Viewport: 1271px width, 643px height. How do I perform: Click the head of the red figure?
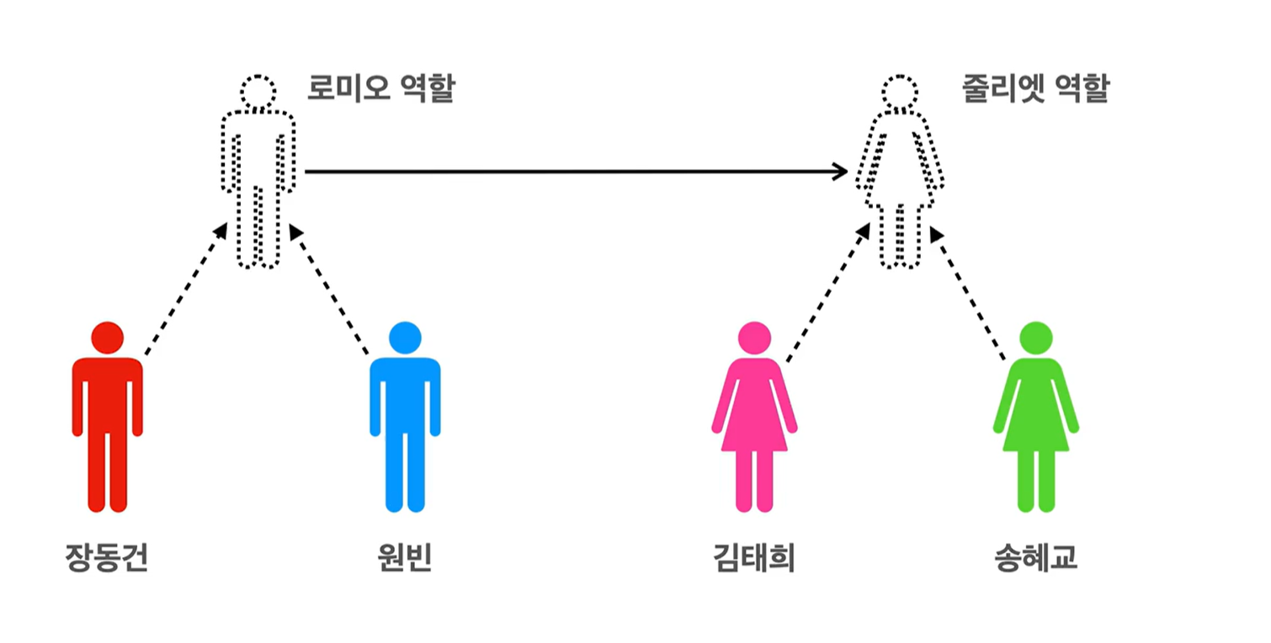coord(107,337)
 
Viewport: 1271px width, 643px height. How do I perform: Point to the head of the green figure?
coord(1035,337)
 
